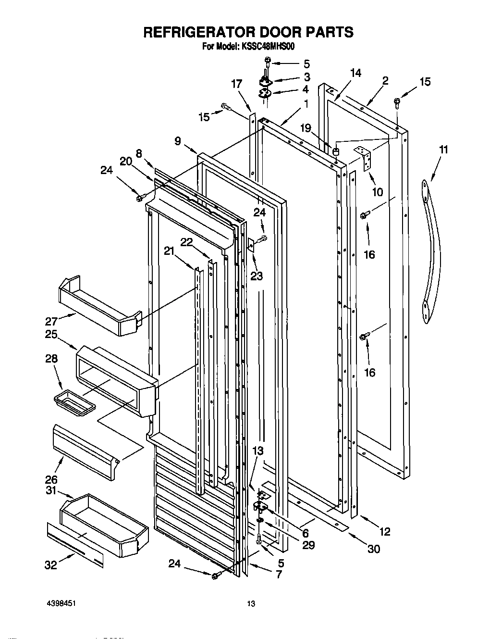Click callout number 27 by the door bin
point(51,321)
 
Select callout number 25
point(51,334)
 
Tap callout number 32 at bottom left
point(51,565)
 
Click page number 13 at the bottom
point(250,604)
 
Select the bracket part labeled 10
point(365,158)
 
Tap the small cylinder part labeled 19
point(336,151)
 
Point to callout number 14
point(355,73)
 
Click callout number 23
point(257,276)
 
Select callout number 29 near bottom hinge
point(308,545)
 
